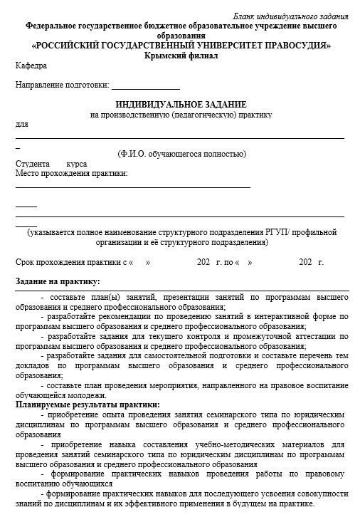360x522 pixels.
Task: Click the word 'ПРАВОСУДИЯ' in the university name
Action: coord(294,45)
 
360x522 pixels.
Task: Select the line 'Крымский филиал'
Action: coord(181,55)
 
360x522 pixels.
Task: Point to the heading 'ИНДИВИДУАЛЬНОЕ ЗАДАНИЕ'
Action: coord(181,104)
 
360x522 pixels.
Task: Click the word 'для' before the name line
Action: coord(21,124)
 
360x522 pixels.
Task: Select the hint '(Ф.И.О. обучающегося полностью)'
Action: coord(181,154)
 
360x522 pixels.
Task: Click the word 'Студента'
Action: coord(32,164)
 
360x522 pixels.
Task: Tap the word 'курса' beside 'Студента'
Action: coord(77,164)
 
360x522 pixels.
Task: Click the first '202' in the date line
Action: coord(203,263)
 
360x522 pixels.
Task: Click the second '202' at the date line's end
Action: coord(306,263)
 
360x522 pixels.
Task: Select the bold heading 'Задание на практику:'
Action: coord(58,281)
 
